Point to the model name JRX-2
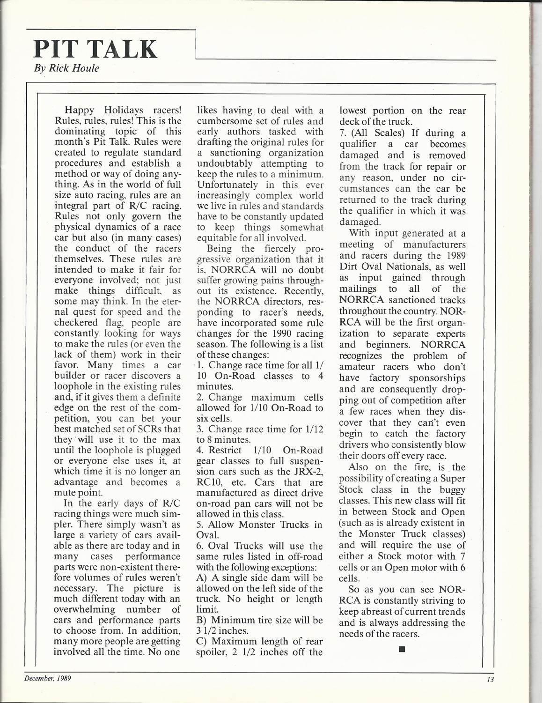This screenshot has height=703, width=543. (306, 472)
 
